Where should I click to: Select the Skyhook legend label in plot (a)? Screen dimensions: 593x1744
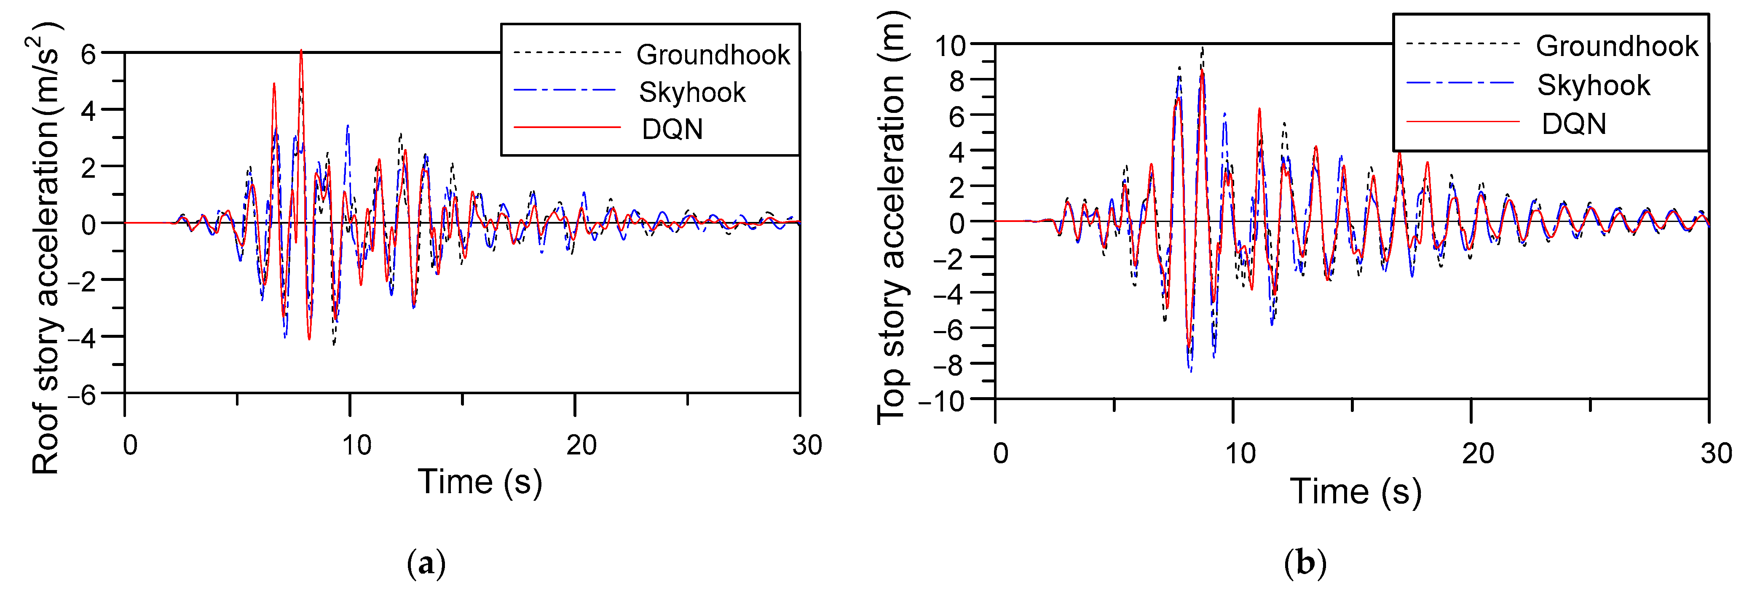click(x=692, y=93)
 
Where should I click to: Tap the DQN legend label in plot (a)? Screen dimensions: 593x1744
click(x=672, y=129)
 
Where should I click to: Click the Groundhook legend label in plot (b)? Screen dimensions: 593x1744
click(x=1617, y=46)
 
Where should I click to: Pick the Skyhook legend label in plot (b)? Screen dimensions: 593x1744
click(x=1594, y=85)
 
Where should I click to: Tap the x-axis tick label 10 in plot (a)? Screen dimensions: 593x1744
click(x=356, y=446)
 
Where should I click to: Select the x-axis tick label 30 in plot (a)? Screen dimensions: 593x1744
click(x=806, y=446)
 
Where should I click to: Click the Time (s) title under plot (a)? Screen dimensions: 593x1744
click(x=480, y=482)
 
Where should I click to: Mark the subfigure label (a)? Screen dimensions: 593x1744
click(x=426, y=563)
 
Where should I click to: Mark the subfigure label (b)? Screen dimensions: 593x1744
click(x=1305, y=563)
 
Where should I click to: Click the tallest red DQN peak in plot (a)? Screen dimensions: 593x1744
click(x=301, y=51)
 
